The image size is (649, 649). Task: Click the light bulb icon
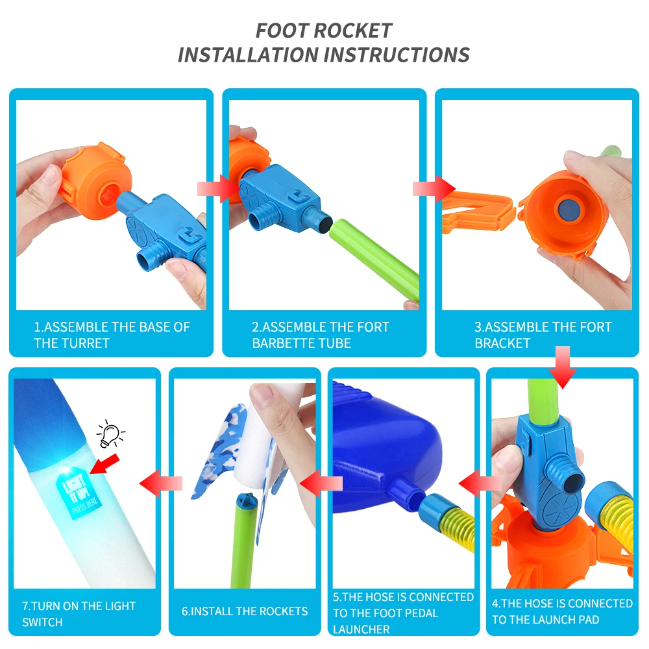110,434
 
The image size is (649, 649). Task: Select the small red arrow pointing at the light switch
104,465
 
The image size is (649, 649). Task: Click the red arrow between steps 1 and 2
217,188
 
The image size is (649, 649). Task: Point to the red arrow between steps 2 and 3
434,189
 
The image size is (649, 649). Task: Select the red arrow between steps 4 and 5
480,483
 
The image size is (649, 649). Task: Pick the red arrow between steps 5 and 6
321,483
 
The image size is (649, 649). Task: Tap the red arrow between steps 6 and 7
161,483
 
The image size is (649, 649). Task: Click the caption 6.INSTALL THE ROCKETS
245,611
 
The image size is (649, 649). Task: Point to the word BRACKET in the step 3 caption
502,343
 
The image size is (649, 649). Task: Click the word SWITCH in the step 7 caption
42,622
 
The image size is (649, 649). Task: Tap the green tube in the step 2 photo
374,260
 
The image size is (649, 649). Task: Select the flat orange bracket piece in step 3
478,213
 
